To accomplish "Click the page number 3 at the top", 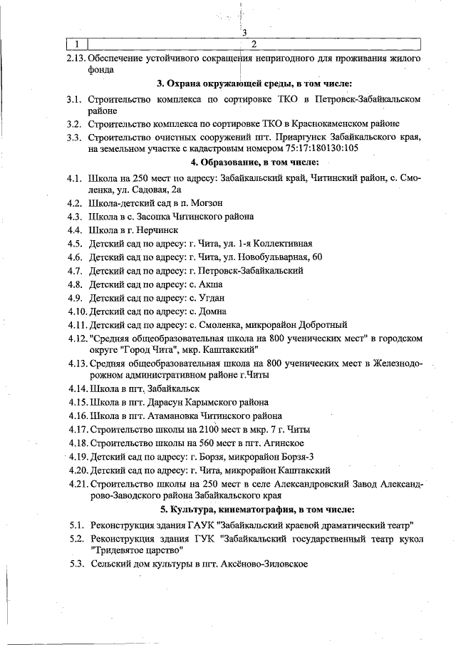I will click(x=244, y=33).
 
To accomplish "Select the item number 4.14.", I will click(x=78, y=388).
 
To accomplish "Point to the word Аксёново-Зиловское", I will click(x=261, y=564).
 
